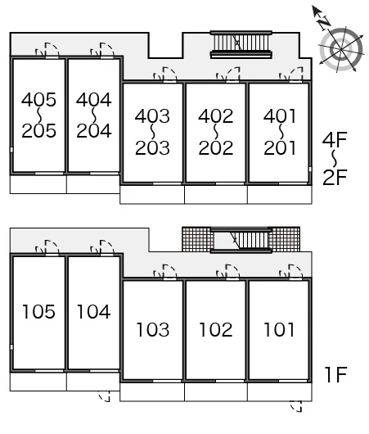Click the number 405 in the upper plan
click(38, 100)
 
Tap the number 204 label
click(94, 131)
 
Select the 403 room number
click(152, 116)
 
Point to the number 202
click(216, 147)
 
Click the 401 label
click(280, 116)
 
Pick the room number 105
click(38, 312)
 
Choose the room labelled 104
click(94, 312)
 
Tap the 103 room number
click(153, 330)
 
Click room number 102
click(216, 330)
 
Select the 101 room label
click(279, 330)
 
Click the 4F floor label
click(335, 139)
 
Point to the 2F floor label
click(335, 177)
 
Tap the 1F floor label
click(336, 374)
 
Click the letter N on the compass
click(324, 23)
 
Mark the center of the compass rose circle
click(341, 50)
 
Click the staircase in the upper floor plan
click(241, 44)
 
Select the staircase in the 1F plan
click(241, 240)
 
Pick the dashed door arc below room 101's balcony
click(296, 406)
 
